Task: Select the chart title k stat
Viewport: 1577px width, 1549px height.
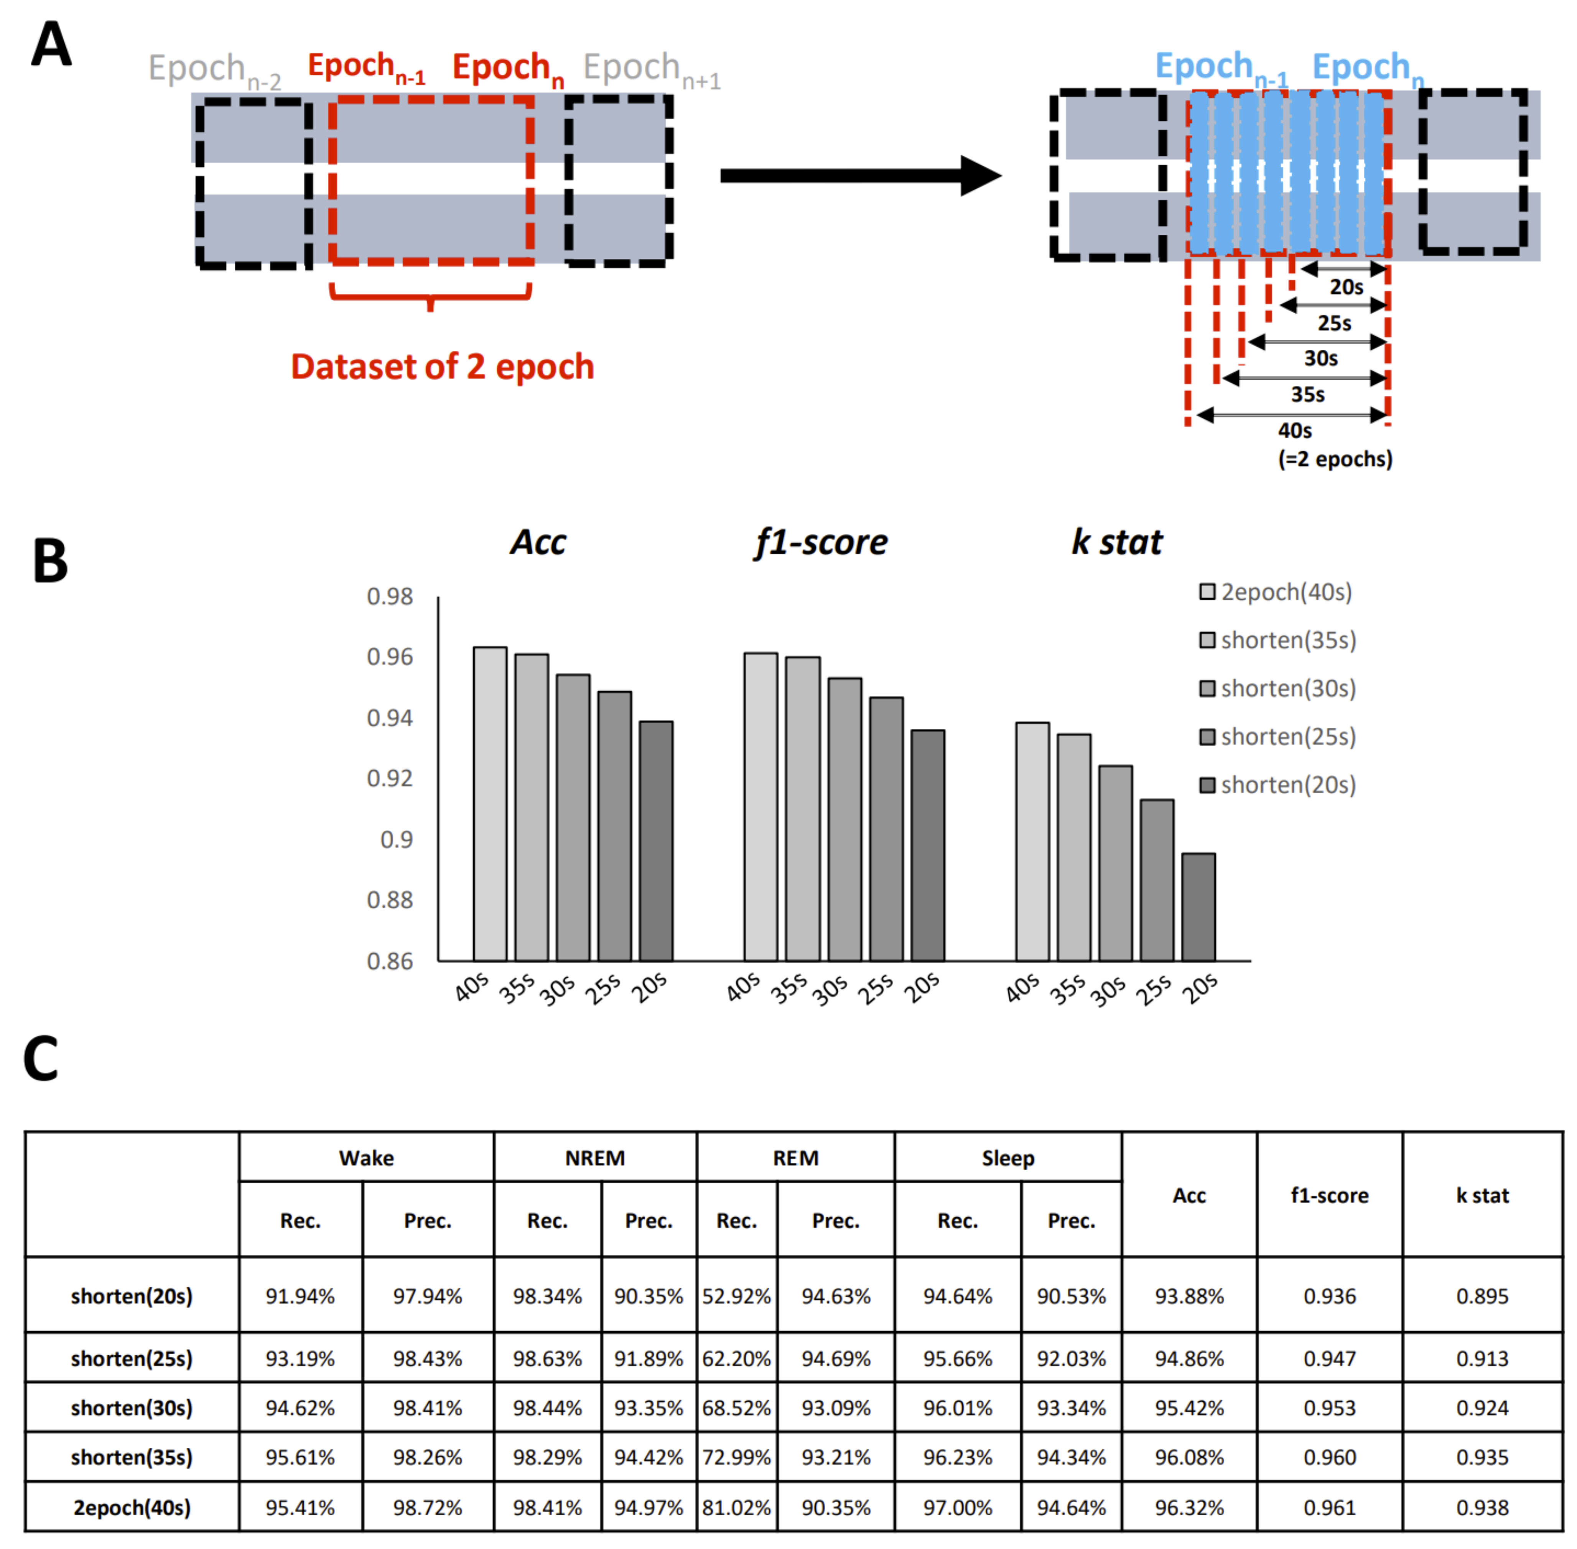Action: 1116,542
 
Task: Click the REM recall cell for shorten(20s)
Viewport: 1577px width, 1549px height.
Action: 736,1296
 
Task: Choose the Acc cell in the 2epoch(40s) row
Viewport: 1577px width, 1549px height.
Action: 1189,1508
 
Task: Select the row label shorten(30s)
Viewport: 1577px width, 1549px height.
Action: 132,1408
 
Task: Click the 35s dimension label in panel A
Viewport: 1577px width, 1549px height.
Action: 1308,395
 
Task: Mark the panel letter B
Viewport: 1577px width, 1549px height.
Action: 51,561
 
